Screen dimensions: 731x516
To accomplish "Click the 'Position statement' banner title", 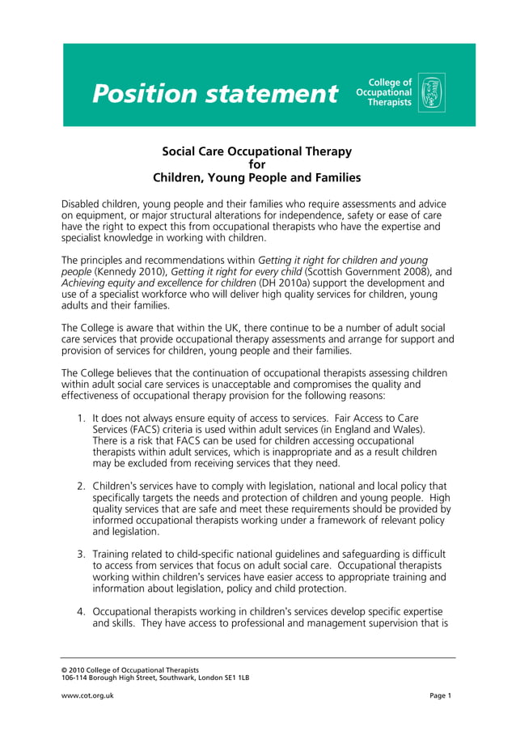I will [x=214, y=94].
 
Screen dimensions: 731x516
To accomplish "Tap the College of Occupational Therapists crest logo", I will [x=431, y=93].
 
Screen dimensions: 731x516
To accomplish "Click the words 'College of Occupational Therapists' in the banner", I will [x=384, y=93].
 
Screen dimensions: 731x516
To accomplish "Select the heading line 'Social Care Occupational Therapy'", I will [x=257, y=151].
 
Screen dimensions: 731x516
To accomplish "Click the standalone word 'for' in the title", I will [x=257, y=164].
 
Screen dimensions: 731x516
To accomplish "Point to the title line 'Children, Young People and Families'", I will [x=257, y=178].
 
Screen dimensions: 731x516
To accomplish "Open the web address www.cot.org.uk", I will [x=87, y=696].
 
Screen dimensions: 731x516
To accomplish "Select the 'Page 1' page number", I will [x=440, y=696].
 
